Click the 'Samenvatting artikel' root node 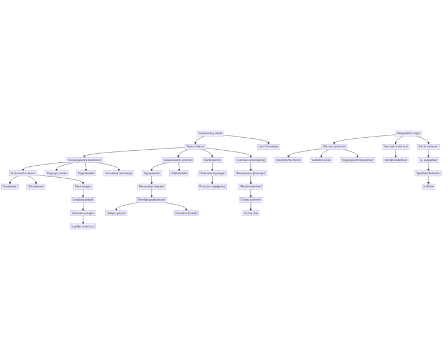point(210,133)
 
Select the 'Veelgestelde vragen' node point(409,133)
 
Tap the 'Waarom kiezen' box point(195,146)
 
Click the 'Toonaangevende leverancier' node point(85,160)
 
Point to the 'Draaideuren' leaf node point(10,186)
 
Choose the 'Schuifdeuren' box point(36,186)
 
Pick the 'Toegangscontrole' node point(57,173)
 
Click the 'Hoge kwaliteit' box point(86,173)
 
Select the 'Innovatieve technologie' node point(119,173)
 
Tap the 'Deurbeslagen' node point(83,186)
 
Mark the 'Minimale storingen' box point(83,213)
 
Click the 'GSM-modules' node point(179,173)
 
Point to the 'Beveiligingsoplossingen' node point(151,199)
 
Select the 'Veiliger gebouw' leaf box point(116,213)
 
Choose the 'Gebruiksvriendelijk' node point(186,213)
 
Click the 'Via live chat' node point(251,213)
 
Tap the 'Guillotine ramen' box point(321,160)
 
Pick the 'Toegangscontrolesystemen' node point(358,160)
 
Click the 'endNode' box point(429,186)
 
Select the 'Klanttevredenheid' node point(251,186)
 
